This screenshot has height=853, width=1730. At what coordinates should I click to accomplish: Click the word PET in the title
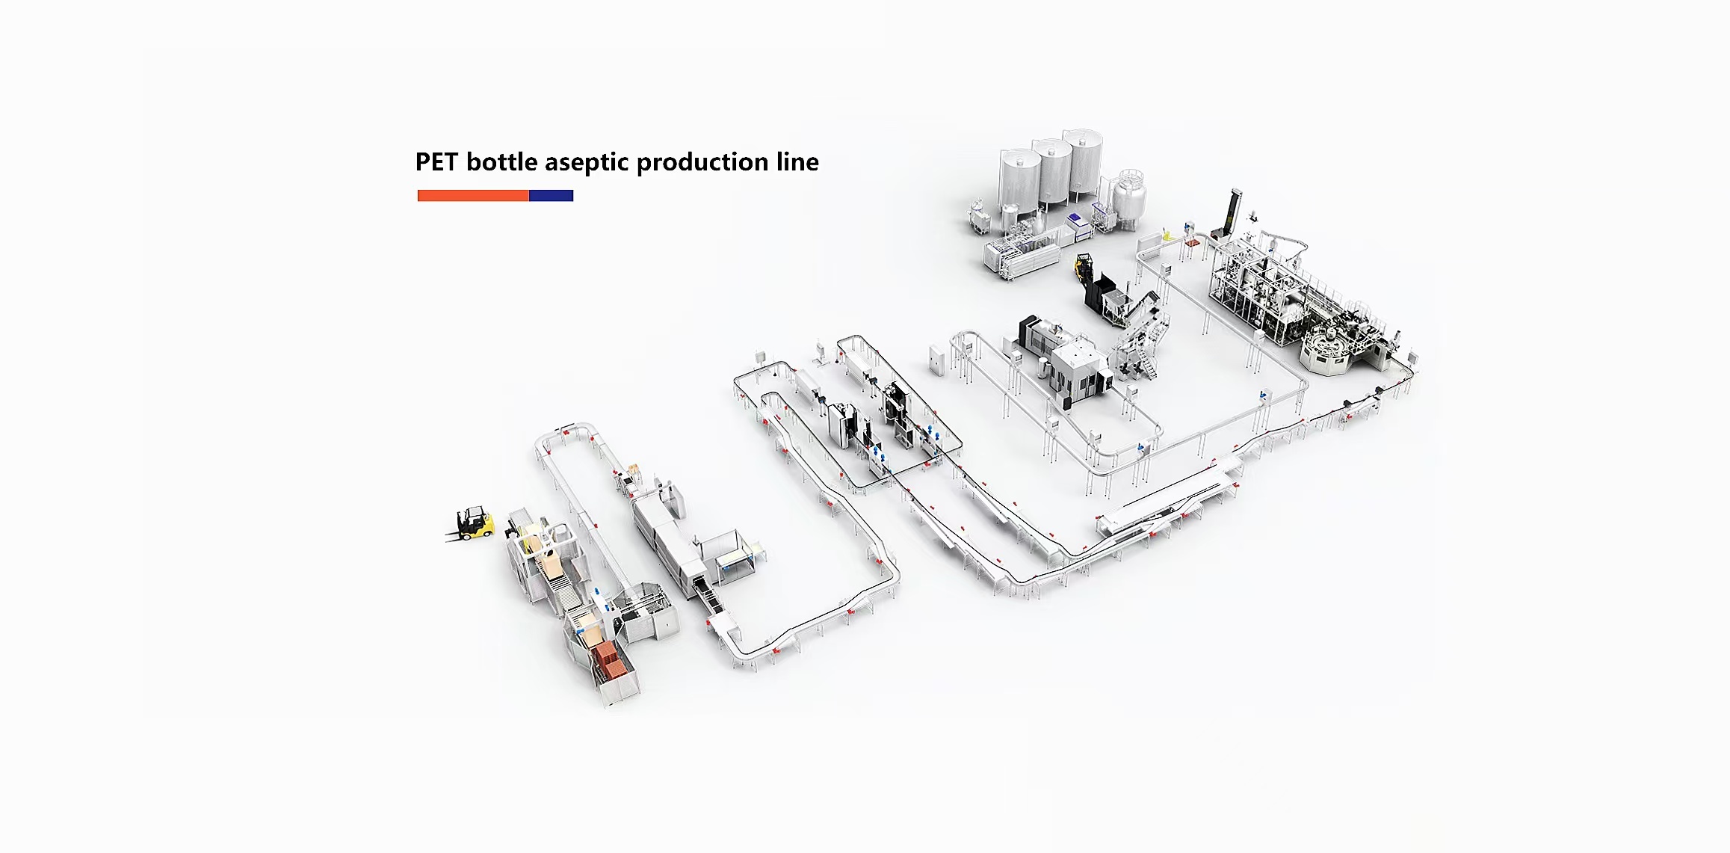[x=436, y=162]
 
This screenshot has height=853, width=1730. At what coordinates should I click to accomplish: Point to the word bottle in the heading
[x=501, y=162]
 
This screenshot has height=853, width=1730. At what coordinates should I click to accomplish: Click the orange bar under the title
[x=473, y=196]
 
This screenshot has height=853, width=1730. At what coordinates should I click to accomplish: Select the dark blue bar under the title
[x=552, y=196]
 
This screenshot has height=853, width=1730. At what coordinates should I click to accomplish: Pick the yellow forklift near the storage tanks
[x=1084, y=267]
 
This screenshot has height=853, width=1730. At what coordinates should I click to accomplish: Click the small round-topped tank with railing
[x=1129, y=198]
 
